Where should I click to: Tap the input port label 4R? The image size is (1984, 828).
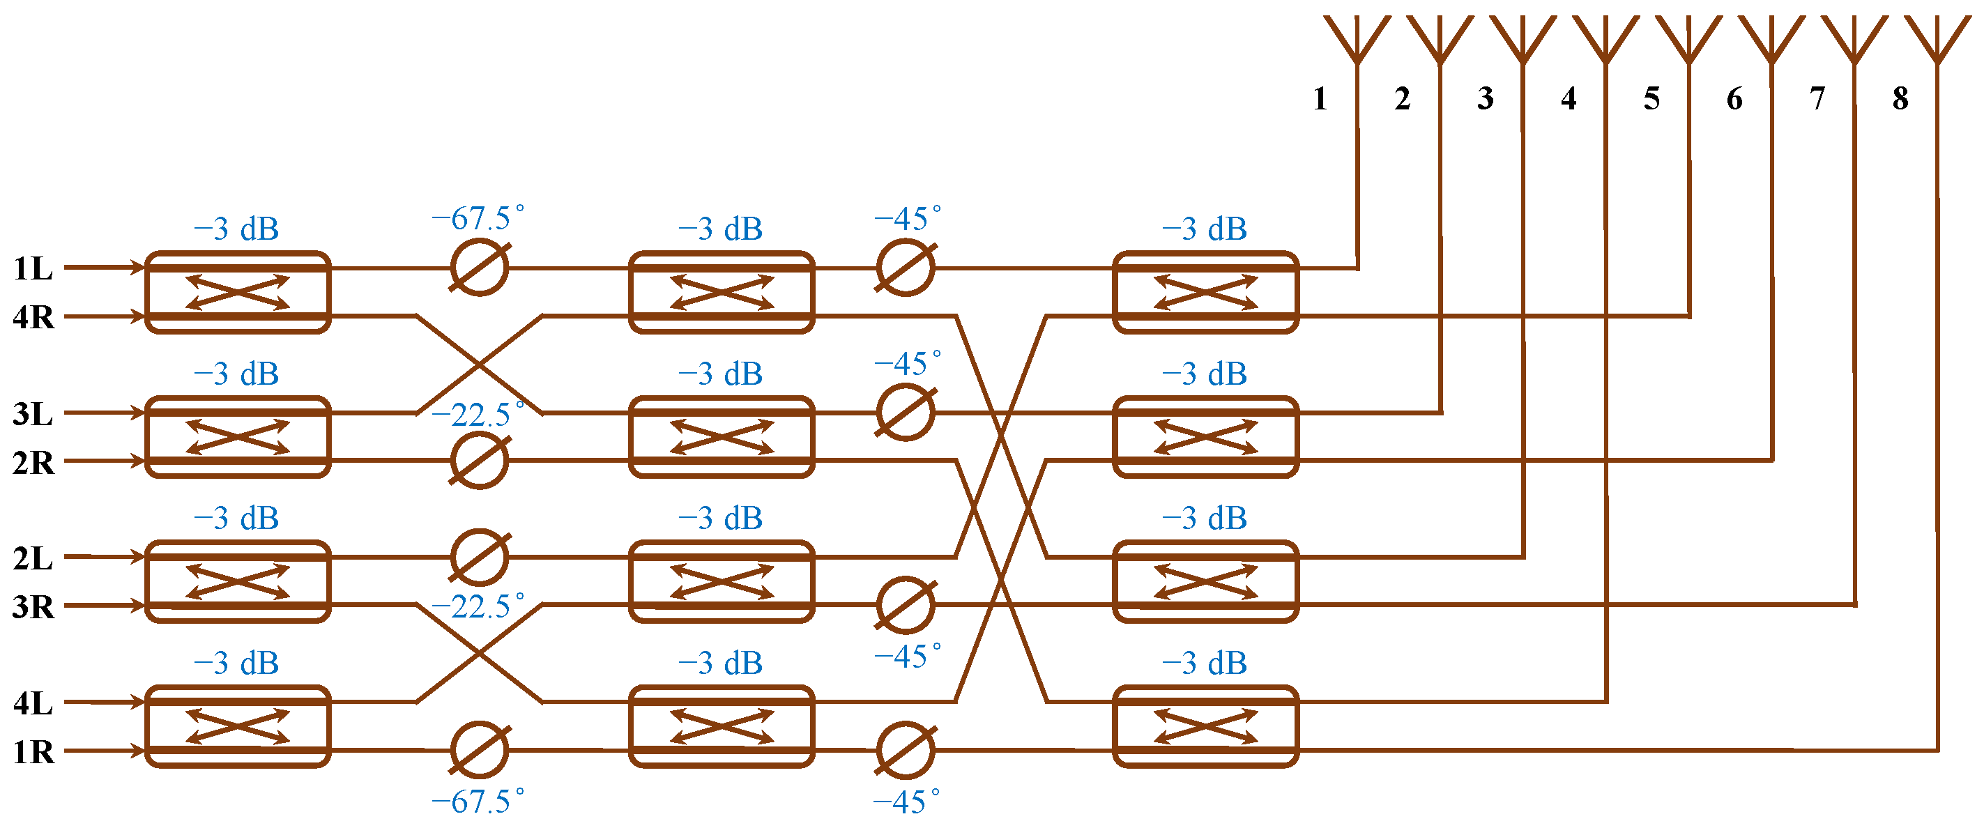33,317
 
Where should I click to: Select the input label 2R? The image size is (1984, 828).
33,463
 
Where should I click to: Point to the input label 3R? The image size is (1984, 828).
33,607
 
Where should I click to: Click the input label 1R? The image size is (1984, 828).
33,752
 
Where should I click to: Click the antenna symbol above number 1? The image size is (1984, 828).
1357,38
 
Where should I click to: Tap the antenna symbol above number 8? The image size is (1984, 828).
1937,38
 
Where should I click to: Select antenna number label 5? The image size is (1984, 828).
1651,98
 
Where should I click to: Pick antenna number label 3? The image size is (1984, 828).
1486,98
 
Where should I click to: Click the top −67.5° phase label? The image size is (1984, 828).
478,219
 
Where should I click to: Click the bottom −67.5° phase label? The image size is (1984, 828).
478,802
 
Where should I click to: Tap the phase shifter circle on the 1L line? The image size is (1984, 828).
479,267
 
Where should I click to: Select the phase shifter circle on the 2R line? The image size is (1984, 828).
479,461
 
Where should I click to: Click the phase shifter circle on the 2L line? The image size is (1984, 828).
479,557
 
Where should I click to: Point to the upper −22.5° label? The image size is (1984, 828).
478,416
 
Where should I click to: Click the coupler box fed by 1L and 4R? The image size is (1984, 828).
238,292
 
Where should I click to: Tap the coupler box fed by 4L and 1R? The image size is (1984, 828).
238,726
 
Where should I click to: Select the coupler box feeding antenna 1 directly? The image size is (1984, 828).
1205,292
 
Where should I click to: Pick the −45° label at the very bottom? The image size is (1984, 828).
906,803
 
